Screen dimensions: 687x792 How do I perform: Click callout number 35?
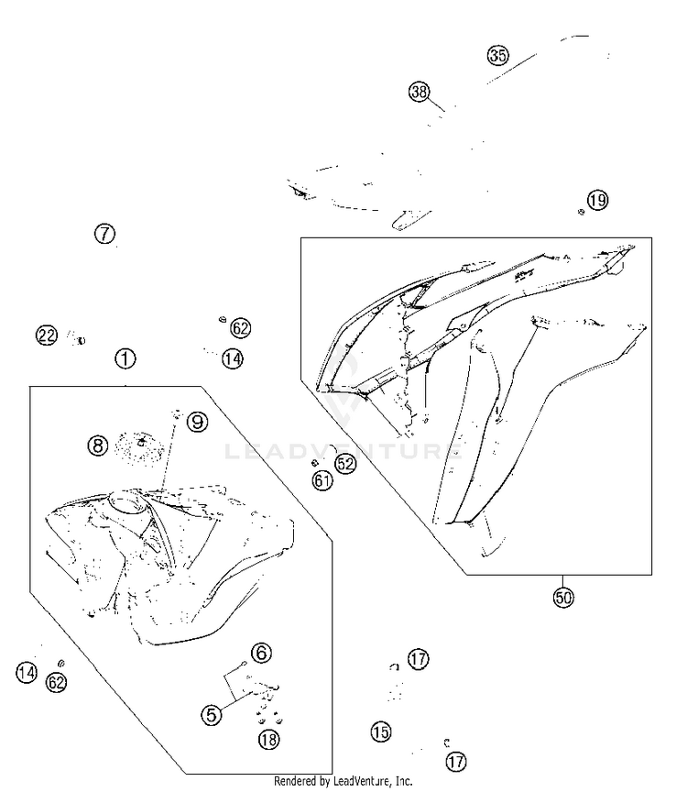pyautogui.click(x=497, y=55)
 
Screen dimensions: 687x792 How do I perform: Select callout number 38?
pyautogui.click(x=419, y=92)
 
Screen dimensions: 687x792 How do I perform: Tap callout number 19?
pyautogui.click(x=597, y=200)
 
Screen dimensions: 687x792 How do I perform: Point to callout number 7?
pyautogui.click(x=104, y=234)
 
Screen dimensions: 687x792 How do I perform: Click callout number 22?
pyautogui.click(x=47, y=335)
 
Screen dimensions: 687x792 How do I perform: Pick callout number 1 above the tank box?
pyautogui.click(x=125, y=358)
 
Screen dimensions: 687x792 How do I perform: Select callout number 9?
pyautogui.click(x=197, y=422)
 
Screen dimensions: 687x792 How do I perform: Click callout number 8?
pyautogui.click(x=98, y=445)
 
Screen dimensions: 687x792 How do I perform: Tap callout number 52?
pyautogui.click(x=345, y=464)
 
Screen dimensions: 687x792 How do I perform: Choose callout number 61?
pyautogui.click(x=322, y=479)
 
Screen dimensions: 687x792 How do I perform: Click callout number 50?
pyautogui.click(x=563, y=598)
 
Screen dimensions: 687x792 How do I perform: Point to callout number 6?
pyautogui.click(x=261, y=653)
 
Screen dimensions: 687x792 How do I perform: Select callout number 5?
pyautogui.click(x=212, y=715)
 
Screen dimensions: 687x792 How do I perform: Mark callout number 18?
pyautogui.click(x=268, y=740)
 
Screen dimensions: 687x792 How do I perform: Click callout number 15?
pyautogui.click(x=381, y=731)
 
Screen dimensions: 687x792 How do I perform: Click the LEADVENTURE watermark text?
pyautogui.click(x=343, y=451)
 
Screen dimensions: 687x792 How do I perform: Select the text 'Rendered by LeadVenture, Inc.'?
pyautogui.click(x=343, y=781)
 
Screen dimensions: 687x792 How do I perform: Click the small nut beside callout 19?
pyautogui.click(x=581, y=212)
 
